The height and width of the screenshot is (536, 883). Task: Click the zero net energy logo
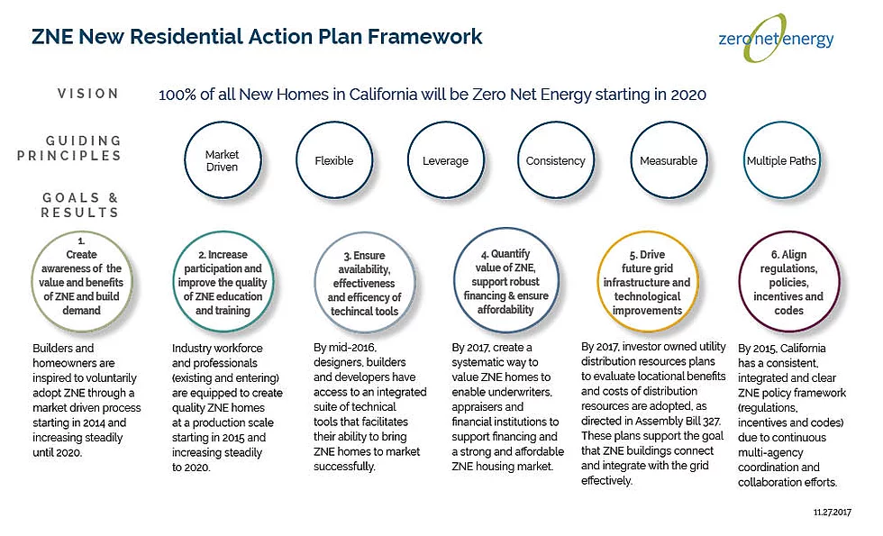tap(776, 38)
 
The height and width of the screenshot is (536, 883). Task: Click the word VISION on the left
tap(88, 94)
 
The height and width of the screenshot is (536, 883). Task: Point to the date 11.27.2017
tap(833, 513)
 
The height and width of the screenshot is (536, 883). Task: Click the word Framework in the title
tap(425, 37)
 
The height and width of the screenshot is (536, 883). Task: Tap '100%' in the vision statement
tap(177, 95)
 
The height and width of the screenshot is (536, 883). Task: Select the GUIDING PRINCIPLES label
tap(69, 148)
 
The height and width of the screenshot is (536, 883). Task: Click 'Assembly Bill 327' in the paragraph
tap(678, 422)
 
